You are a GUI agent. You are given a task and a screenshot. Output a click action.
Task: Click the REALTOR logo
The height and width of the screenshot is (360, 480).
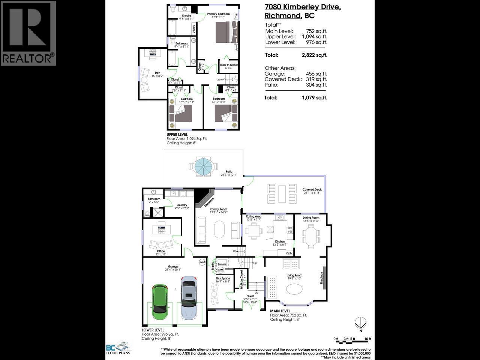pos(28,33)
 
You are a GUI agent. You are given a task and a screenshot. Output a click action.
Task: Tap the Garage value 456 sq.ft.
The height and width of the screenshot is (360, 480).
pos(316,74)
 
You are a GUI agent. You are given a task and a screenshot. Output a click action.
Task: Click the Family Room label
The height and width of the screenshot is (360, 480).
pos(218,209)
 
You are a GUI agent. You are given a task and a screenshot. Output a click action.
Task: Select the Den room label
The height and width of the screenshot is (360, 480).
pos(157,73)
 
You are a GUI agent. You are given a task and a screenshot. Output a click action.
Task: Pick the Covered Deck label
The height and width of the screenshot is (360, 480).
pos(312,190)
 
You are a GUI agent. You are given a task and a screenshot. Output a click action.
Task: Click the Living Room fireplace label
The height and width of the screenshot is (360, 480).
pos(321,277)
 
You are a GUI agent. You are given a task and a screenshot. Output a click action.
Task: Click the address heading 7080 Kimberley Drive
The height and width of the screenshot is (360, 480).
pos(303,7)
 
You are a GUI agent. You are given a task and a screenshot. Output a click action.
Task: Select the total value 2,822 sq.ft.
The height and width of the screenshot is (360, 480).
pos(314,55)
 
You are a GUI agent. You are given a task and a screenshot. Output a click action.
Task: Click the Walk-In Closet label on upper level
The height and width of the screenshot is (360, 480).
pos(228,65)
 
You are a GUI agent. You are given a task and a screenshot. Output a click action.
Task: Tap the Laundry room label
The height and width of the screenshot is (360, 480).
pos(181,205)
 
